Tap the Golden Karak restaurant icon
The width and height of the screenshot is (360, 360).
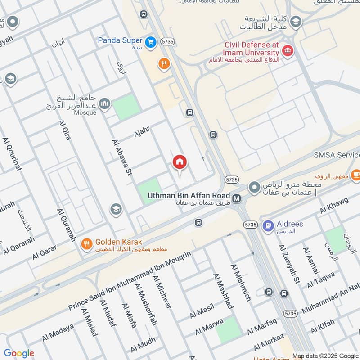[x=86, y=244]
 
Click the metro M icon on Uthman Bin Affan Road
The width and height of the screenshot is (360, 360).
[x=237, y=198]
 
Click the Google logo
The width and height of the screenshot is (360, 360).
[x=19, y=353]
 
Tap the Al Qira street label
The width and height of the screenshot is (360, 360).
[x=64, y=130]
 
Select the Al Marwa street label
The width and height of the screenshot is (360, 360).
[x=209, y=328]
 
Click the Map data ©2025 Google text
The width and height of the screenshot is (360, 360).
[x=324, y=355]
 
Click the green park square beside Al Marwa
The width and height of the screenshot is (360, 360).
[x=227, y=329]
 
